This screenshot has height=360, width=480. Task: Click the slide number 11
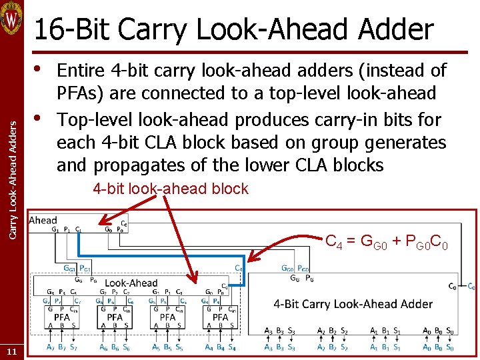tap(11, 351)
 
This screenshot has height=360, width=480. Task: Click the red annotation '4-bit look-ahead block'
tap(170, 189)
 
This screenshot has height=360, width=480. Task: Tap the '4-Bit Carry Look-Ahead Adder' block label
tap(353, 304)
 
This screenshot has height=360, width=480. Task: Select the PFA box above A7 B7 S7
tap(62, 317)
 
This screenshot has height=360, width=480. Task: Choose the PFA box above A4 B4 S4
tap(221, 317)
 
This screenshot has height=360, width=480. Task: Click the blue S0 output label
tap(450, 347)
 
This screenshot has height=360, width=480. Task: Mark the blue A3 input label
tap(268, 347)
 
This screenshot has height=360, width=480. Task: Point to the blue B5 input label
tap(168, 347)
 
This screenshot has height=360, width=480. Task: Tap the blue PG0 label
tap(303, 269)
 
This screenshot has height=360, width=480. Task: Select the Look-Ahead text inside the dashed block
tap(131, 283)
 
